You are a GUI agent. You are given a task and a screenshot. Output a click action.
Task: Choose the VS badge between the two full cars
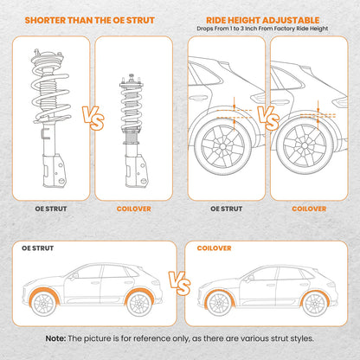(x=180, y=282)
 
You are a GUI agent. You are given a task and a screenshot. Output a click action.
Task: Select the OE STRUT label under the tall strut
(x=48, y=208)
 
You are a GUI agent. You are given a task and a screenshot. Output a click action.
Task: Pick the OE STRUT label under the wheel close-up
(x=227, y=208)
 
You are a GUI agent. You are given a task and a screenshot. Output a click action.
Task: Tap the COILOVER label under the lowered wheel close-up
(x=309, y=208)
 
